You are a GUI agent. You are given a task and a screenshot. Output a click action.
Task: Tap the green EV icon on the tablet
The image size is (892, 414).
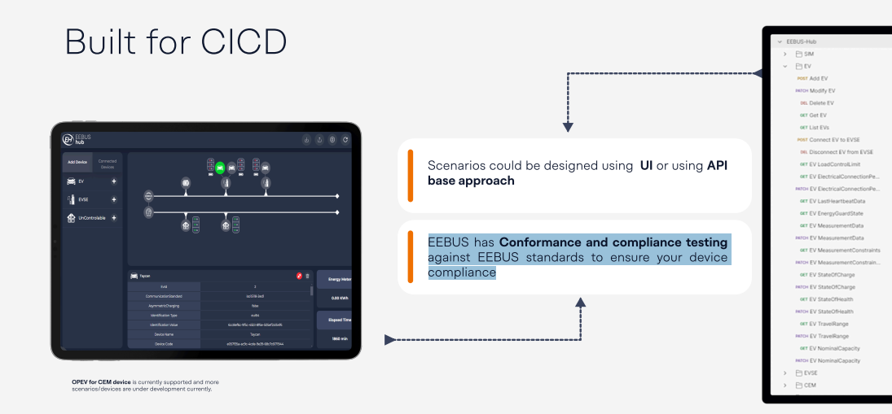tap(220, 168)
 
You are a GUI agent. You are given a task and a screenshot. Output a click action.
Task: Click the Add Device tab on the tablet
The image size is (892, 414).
tap(77, 163)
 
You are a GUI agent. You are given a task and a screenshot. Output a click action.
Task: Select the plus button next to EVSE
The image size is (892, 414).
tap(114, 199)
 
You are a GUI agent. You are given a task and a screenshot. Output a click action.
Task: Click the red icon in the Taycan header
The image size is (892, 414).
tap(300, 277)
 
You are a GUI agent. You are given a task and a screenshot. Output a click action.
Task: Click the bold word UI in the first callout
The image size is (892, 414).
tap(646, 165)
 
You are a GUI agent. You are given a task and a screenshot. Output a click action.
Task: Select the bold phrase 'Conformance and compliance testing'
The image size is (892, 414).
tap(613, 242)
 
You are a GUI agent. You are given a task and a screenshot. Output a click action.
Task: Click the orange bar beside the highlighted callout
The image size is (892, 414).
tap(411, 257)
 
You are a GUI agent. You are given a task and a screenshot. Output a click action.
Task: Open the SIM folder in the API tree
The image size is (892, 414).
tap(808, 54)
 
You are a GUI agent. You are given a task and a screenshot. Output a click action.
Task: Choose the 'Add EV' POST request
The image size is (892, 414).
tap(819, 78)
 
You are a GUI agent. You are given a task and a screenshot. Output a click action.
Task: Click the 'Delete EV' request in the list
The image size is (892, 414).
tap(821, 103)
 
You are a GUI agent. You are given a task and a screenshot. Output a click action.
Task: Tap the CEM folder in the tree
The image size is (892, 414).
tap(810, 385)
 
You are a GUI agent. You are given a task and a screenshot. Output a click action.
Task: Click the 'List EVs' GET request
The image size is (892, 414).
tap(819, 128)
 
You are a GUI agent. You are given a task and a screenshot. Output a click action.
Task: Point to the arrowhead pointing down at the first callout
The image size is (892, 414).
tap(568, 127)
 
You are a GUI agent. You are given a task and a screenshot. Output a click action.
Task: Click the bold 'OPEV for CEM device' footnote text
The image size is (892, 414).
tap(101, 381)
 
